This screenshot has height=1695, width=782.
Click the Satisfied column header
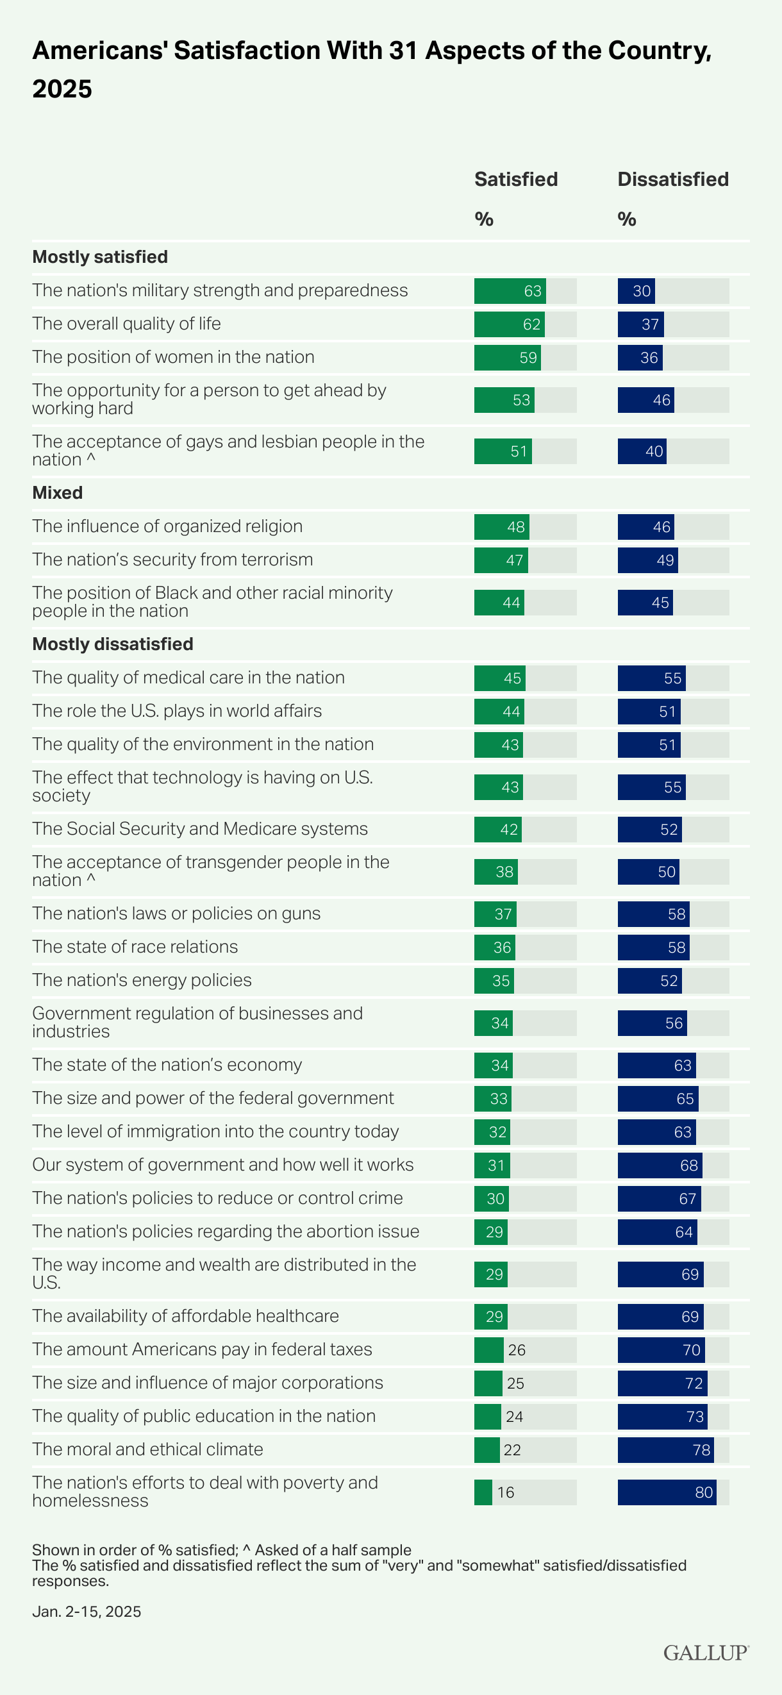[x=515, y=179]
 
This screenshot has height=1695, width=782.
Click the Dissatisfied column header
[x=672, y=179]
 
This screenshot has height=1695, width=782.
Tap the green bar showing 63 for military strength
[x=510, y=291]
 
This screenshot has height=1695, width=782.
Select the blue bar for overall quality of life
[x=640, y=324]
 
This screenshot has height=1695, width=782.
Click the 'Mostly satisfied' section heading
[x=100, y=256]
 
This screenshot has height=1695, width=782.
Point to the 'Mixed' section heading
[x=57, y=493]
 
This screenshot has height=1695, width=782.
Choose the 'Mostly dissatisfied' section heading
[x=112, y=644]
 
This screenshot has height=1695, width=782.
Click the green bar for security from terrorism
[x=501, y=560]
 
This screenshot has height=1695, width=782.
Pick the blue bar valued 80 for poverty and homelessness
[x=666, y=1492]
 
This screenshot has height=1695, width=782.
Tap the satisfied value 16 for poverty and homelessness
[x=506, y=1492]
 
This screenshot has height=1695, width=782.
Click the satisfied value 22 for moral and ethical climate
[x=512, y=1449]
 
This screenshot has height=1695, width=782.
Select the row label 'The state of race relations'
[x=135, y=947]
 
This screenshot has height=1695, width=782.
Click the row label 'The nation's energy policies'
[x=142, y=980]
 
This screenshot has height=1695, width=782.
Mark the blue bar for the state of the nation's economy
[x=656, y=1065]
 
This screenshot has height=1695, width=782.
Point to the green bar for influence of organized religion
[x=501, y=527]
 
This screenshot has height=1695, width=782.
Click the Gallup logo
[x=705, y=1653]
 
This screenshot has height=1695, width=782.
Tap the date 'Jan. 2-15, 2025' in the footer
[x=86, y=1612]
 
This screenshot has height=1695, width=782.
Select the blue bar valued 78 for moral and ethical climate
[x=665, y=1449]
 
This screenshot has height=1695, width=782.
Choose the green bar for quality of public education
[x=487, y=1417]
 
